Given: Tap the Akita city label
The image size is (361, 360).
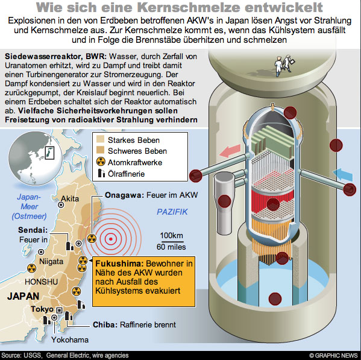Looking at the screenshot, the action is [70, 198].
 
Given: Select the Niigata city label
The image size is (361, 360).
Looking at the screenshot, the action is [51, 262].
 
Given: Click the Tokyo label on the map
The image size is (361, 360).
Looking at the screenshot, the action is [42, 309].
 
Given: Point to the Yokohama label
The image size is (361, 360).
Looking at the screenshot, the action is [70, 339].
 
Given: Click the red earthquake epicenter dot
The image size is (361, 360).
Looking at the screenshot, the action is [111, 239].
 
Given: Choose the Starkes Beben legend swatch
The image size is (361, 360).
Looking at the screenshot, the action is [101, 140].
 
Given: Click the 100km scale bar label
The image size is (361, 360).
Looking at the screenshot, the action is [172, 235].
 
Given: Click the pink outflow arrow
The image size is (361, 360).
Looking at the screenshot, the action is [230, 151].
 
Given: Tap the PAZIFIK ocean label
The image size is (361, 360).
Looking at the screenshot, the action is [172, 212].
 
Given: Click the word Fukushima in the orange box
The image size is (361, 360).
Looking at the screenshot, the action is [119, 264].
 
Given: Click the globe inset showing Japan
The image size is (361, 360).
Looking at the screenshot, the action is [35, 158].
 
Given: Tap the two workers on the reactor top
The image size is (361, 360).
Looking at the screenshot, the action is [284, 65].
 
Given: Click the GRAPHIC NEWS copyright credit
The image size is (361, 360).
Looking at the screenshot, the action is [334, 355].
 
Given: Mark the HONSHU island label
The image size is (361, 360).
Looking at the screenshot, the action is [41, 282].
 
